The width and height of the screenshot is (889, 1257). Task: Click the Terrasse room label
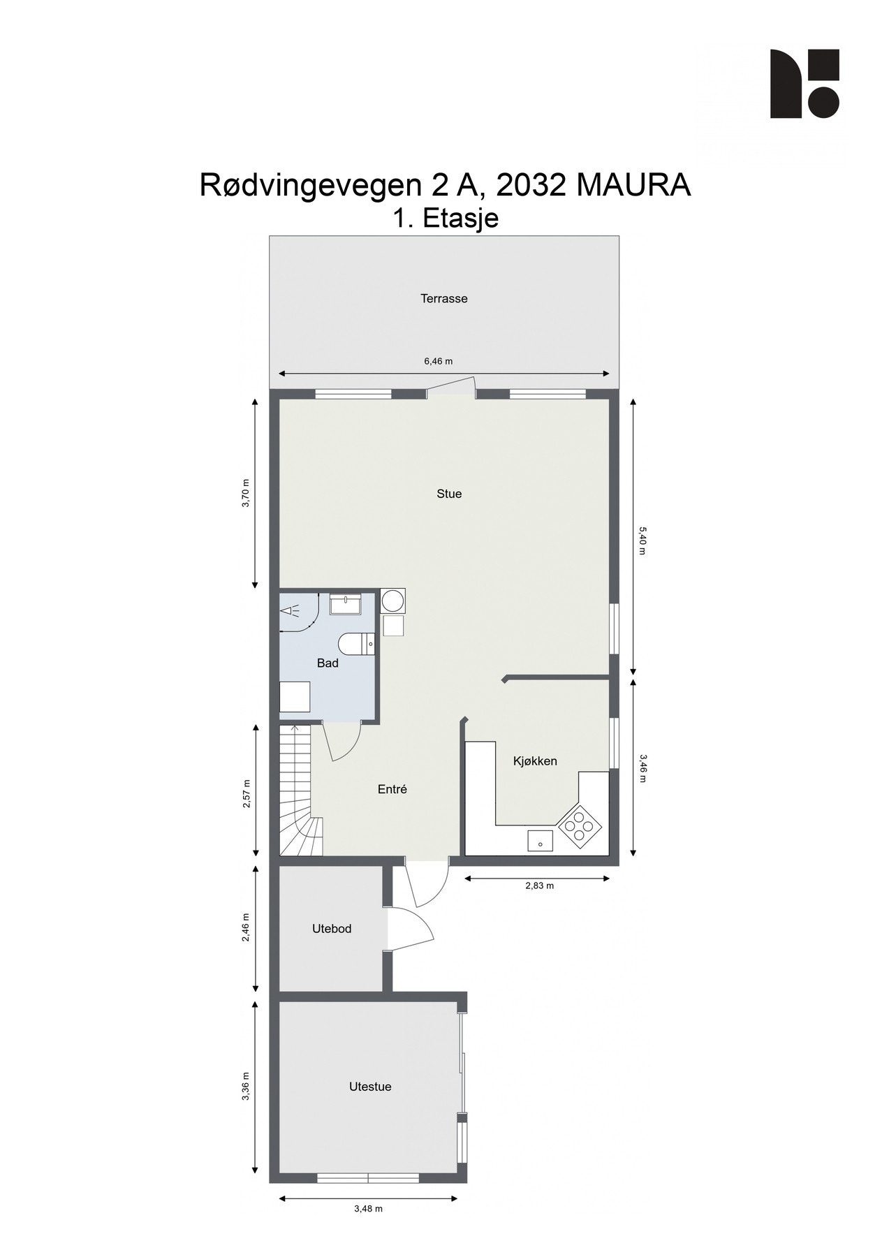click(443, 299)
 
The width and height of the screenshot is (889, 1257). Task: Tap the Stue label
click(449, 494)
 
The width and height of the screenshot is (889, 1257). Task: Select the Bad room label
click(328, 663)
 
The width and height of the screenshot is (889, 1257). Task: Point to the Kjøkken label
click(535, 761)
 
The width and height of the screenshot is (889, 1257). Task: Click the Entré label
click(392, 789)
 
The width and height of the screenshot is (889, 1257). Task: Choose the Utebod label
click(331, 929)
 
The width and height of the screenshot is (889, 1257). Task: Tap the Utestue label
click(370, 1087)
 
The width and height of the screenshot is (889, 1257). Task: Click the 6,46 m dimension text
click(438, 361)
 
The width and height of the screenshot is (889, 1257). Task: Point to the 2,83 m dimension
click(539, 885)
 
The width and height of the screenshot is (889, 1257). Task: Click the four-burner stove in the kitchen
click(580, 828)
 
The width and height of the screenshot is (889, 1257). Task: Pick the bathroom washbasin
click(345, 603)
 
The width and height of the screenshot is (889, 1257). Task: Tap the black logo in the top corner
click(804, 84)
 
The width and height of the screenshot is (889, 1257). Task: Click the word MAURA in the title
click(633, 186)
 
